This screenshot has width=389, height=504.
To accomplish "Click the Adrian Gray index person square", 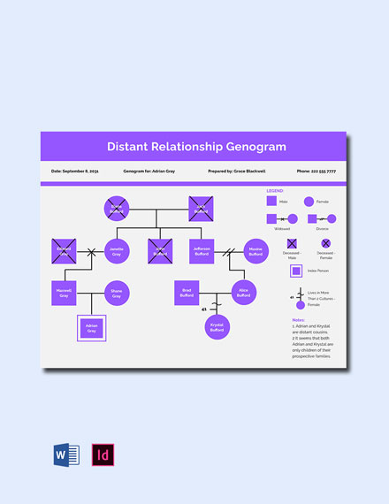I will (91, 329).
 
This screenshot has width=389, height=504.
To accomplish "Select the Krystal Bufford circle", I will (216, 327).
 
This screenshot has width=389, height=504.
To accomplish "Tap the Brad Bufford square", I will (187, 292).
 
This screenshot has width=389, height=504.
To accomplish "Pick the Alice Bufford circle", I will (243, 292).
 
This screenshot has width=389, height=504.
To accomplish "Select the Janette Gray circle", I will (117, 251).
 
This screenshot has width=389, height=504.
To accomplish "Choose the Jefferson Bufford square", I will (201, 251).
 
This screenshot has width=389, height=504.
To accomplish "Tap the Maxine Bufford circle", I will (256, 251).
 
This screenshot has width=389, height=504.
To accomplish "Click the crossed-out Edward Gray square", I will (63, 251).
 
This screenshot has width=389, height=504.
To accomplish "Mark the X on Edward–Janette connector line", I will (90, 252).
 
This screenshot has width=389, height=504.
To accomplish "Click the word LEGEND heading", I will (276, 189).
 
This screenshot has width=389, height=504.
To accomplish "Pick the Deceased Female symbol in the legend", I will (325, 242).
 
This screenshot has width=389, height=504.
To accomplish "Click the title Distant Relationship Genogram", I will (196, 146).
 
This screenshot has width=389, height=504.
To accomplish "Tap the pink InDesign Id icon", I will (103, 454).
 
